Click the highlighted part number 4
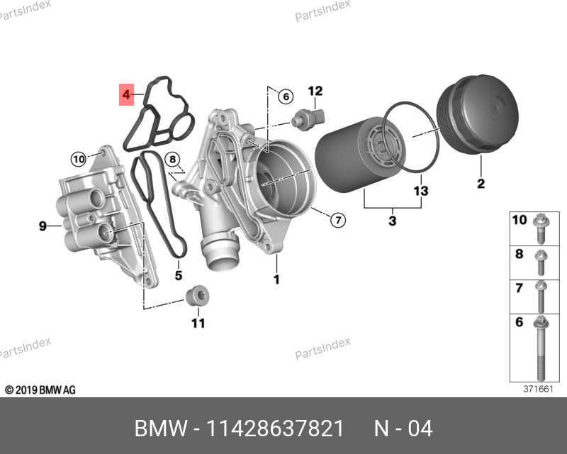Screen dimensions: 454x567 126,94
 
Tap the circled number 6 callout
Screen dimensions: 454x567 284,96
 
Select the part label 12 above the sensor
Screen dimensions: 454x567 315,90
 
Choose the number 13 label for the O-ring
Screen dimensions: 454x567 421,192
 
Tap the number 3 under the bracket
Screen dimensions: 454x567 393,221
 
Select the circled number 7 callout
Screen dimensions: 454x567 338,220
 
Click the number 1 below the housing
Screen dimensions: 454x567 276,279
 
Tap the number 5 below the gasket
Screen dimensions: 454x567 179,275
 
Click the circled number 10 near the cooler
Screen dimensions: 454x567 78,157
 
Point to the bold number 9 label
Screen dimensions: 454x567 43,226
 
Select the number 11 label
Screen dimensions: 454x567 198,323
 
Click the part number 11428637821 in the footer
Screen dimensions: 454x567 274,429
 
